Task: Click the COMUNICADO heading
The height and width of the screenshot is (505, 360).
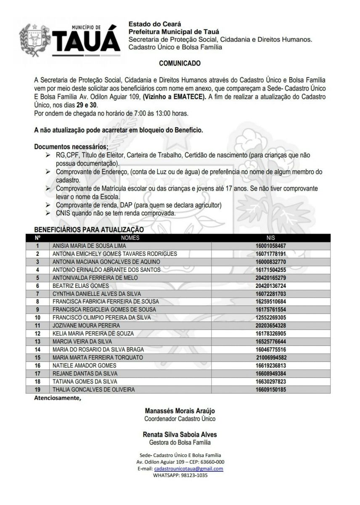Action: click(x=180, y=64)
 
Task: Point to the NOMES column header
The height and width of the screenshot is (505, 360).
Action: click(x=130, y=238)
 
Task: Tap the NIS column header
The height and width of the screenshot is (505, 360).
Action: click(x=270, y=238)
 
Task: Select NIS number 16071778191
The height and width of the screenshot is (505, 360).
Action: click(x=270, y=254)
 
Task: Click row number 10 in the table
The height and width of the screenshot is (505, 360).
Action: click(x=37, y=318)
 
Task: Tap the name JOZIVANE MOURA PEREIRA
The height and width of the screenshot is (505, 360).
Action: click(x=86, y=326)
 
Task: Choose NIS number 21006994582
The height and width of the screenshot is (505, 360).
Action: click(x=270, y=358)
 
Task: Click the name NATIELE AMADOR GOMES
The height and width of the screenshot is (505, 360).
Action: click(x=78, y=366)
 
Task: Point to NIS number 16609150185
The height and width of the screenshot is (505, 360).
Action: click(x=270, y=390)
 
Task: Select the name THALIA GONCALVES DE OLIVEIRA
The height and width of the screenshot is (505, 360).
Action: click(x=93, y=390)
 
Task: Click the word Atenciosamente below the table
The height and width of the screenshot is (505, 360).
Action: click(x=56, y=398)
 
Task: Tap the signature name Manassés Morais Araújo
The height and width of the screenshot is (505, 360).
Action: click(x=180, y=411)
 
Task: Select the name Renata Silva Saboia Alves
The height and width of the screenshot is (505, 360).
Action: click(x=180, y=434)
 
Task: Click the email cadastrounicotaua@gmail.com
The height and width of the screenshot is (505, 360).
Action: click(x=188, y=469)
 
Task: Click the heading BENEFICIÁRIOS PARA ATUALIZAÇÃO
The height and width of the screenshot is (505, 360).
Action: click(x=89, y=230)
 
